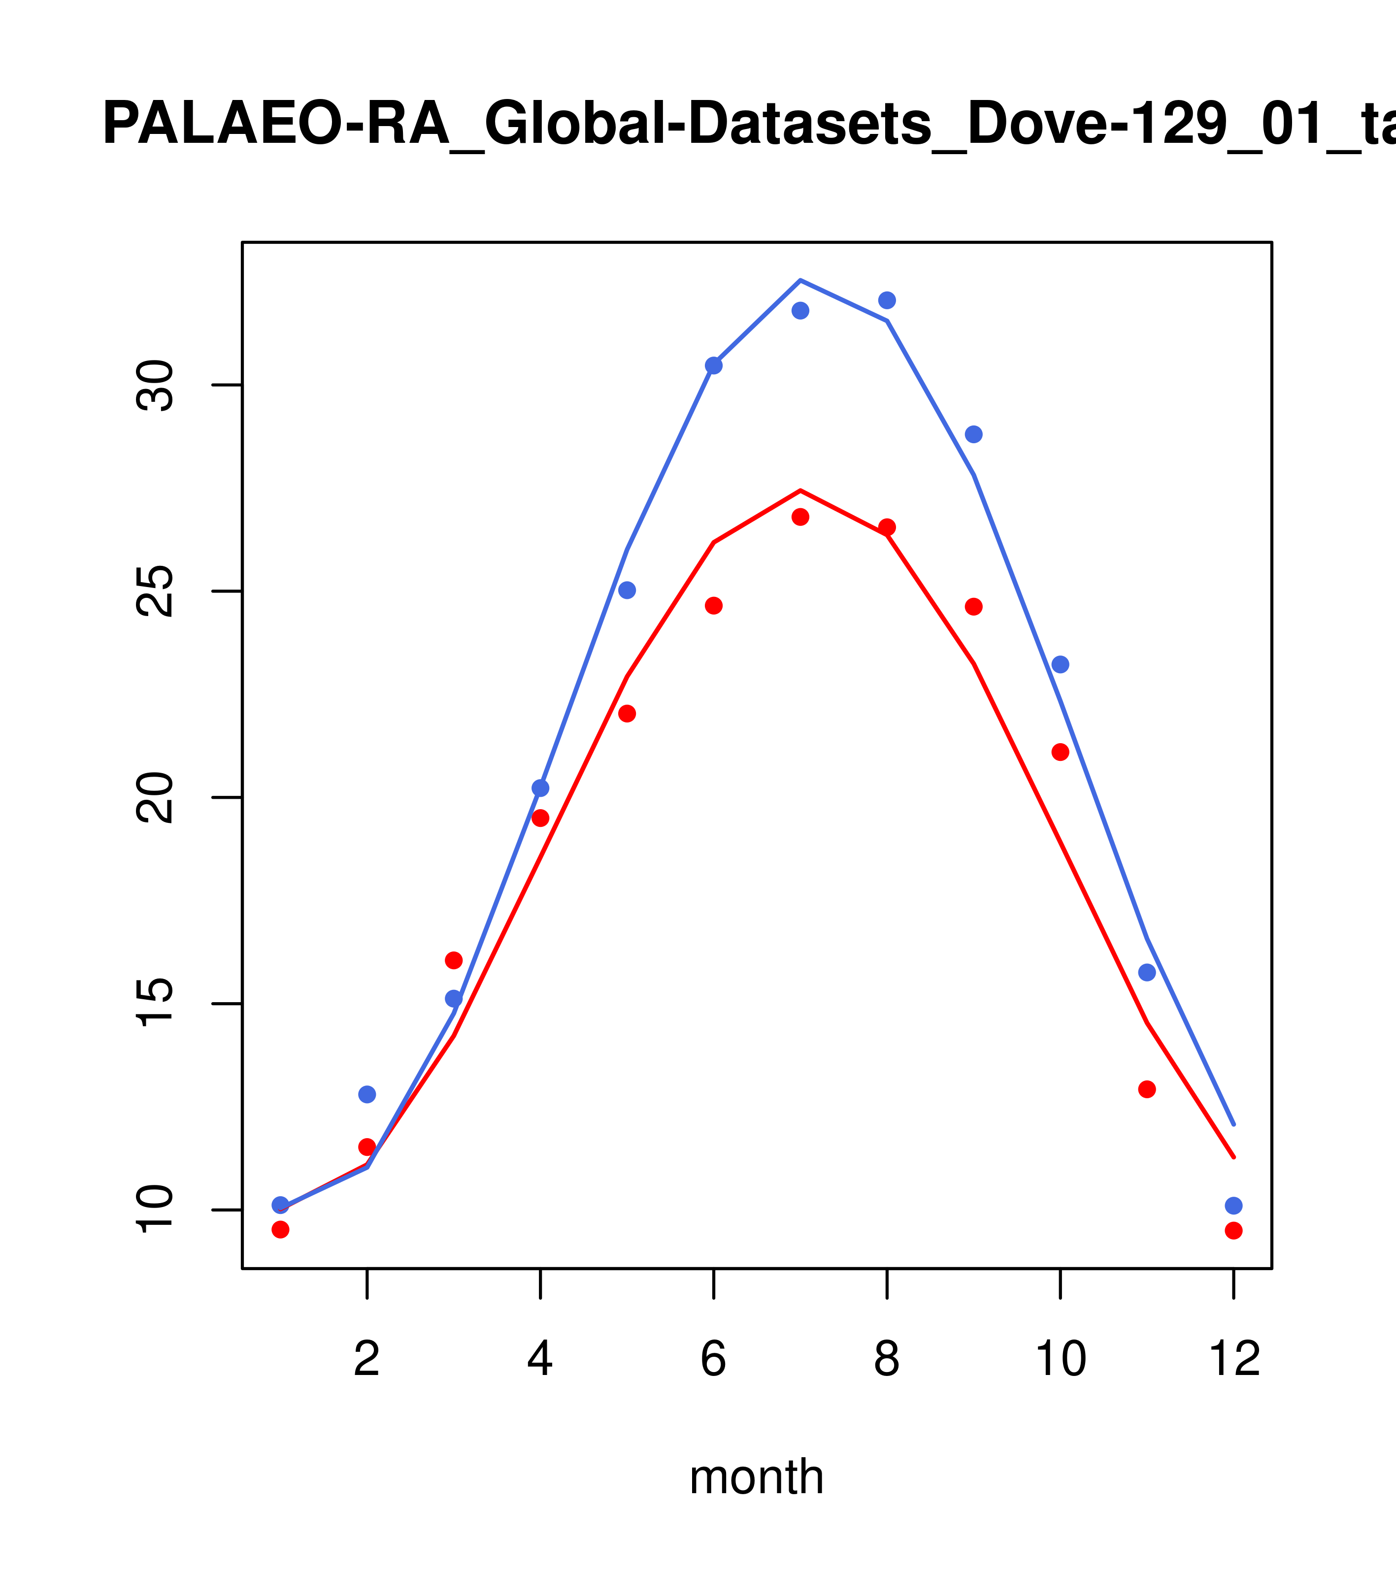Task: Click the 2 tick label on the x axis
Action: pos(367,1359)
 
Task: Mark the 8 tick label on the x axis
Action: pos(887,1359)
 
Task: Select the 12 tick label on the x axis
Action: pos(1234,1359)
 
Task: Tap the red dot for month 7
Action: pos(800,517)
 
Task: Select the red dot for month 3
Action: pos(454,960)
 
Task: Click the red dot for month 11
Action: pos(1147,1089)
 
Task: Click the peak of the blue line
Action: pos(800,280)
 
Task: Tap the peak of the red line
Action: pos(800,490)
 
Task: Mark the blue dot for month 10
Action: pos(1060,664)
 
